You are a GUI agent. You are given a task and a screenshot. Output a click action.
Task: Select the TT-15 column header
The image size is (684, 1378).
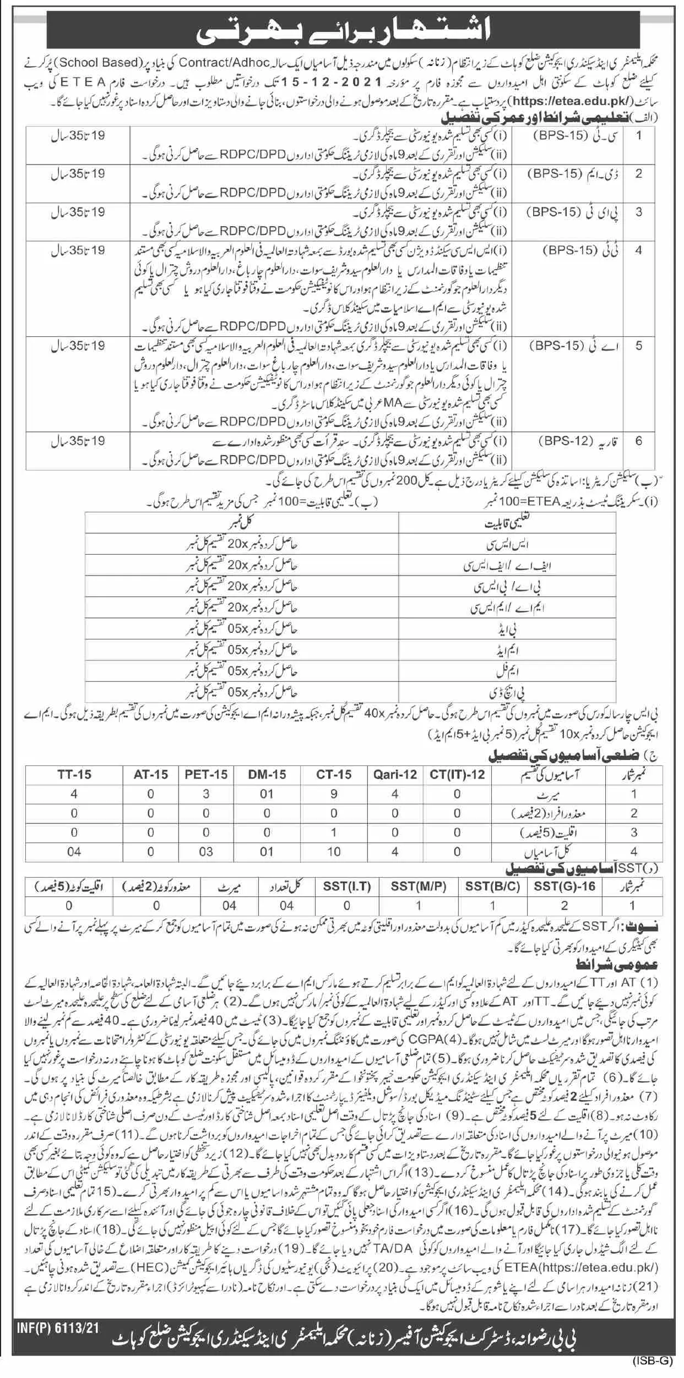(x=74, y=774)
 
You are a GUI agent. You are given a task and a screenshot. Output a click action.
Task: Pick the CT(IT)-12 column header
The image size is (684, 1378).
(x=457, y=774)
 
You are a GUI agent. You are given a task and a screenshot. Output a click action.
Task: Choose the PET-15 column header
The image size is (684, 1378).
(x=206, y=774)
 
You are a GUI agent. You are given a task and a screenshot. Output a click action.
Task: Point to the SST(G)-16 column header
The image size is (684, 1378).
(x=564, y=887)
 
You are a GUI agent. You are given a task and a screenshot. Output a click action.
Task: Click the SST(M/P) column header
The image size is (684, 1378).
(x=419, y=887)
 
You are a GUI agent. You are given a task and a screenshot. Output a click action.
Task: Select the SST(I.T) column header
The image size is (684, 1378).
(x=346, y=887)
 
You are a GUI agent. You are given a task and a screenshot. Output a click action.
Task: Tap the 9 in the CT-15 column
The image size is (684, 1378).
(x=334, y=794)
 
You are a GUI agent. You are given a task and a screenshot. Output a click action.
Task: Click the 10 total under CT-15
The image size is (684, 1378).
(x=334, y=852)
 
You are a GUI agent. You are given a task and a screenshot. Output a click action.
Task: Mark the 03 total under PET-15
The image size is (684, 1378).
(x=206, y=852)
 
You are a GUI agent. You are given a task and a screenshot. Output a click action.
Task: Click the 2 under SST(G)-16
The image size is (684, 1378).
(x=564, y=905)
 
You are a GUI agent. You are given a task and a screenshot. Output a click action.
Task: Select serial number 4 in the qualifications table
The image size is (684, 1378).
(x=639, y=251)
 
